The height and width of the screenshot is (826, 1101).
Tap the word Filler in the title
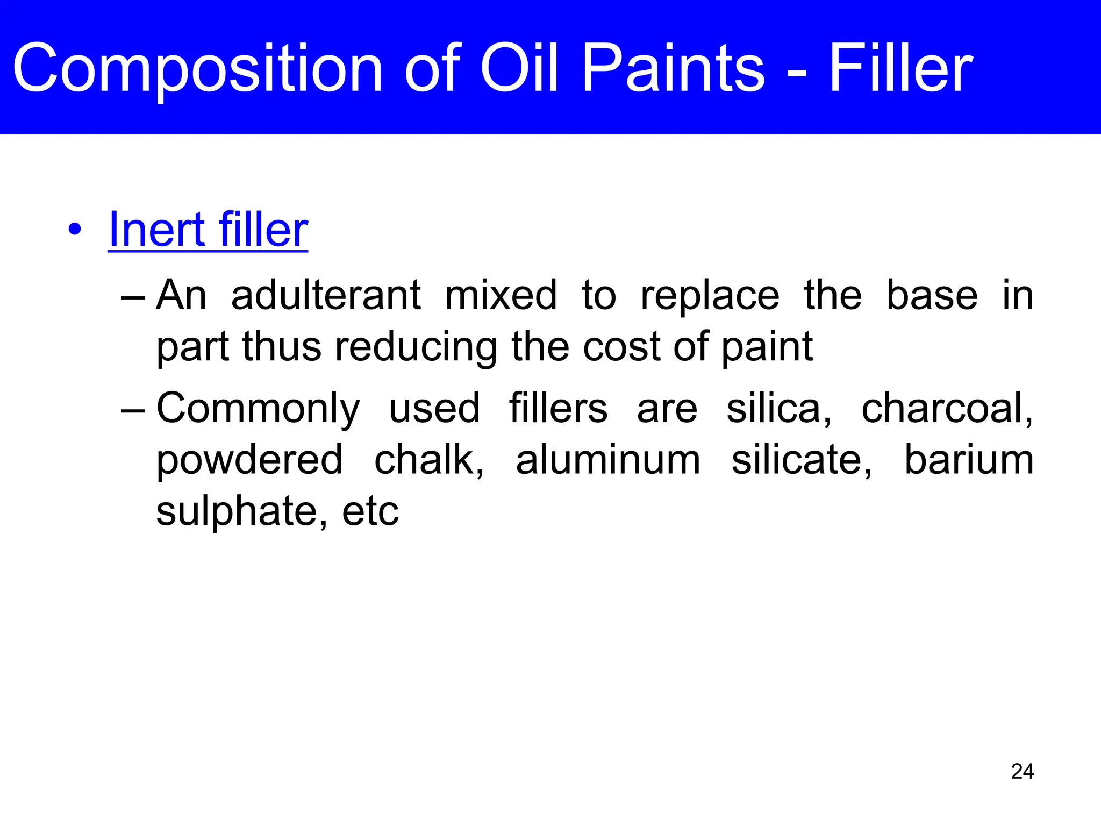point(900,69)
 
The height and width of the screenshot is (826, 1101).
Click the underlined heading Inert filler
point(208,230)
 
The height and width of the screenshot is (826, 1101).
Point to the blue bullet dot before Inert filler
point(75,231)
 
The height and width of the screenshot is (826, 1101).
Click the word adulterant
point(326,295)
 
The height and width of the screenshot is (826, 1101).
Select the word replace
point(710,296)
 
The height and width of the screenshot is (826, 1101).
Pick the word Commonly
point(258,409)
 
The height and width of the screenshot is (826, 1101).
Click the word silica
point(778,408)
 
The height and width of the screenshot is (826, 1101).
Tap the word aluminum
point(608,460)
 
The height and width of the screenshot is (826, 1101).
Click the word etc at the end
point(370,512)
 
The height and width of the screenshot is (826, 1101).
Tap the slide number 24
point(1022,772)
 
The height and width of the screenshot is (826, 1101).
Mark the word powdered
point(249,461)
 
